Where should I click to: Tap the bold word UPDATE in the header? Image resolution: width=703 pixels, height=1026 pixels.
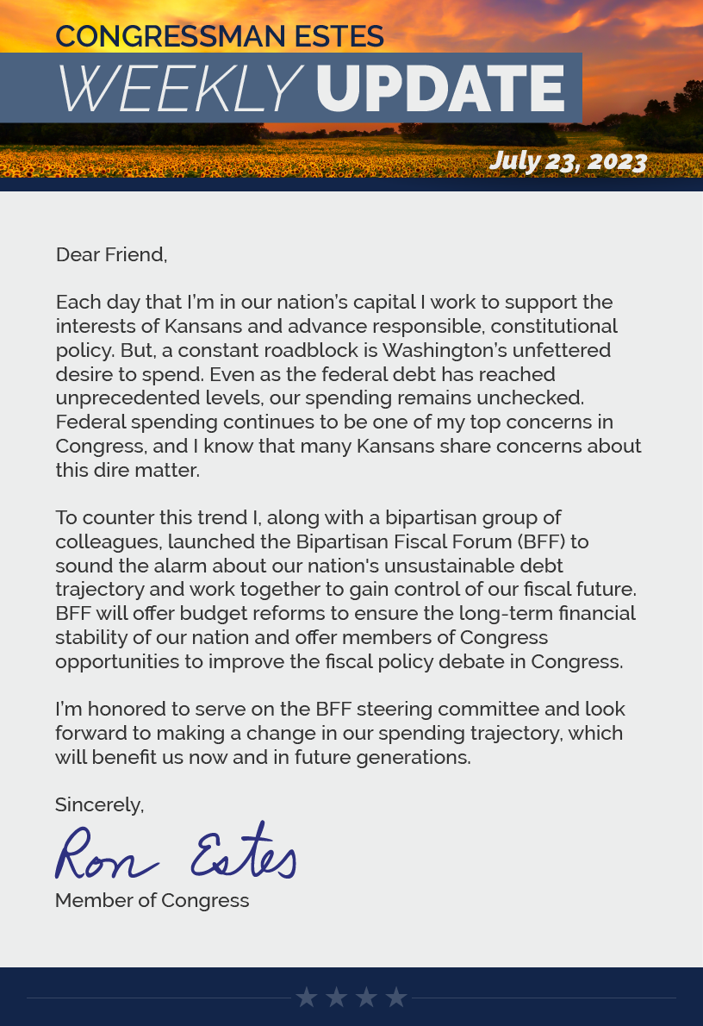click(440, 89)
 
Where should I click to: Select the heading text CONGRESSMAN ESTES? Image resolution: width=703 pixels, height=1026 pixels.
click(220, 36)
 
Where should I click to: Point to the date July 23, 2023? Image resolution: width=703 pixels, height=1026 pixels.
click(568, 161)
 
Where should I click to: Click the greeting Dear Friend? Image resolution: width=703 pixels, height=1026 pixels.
click(111, 254)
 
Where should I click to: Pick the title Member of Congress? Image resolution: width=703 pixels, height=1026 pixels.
click(152, 900)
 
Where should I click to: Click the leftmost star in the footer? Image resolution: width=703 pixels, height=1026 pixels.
click(307, 998)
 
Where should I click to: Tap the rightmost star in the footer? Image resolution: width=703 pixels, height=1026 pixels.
click(396, 998)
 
